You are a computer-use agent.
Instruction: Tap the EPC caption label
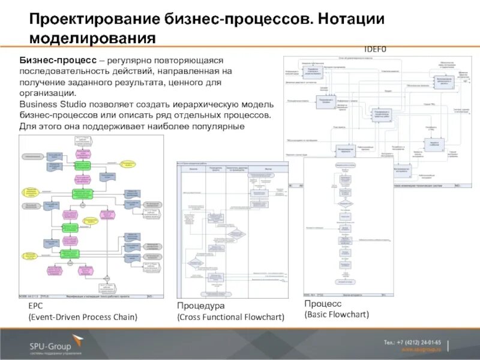point(35,306)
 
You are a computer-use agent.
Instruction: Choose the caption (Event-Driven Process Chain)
point(83,317)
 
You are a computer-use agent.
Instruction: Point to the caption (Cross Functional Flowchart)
point(230,317)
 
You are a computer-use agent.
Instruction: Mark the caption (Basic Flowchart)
point(337,314)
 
